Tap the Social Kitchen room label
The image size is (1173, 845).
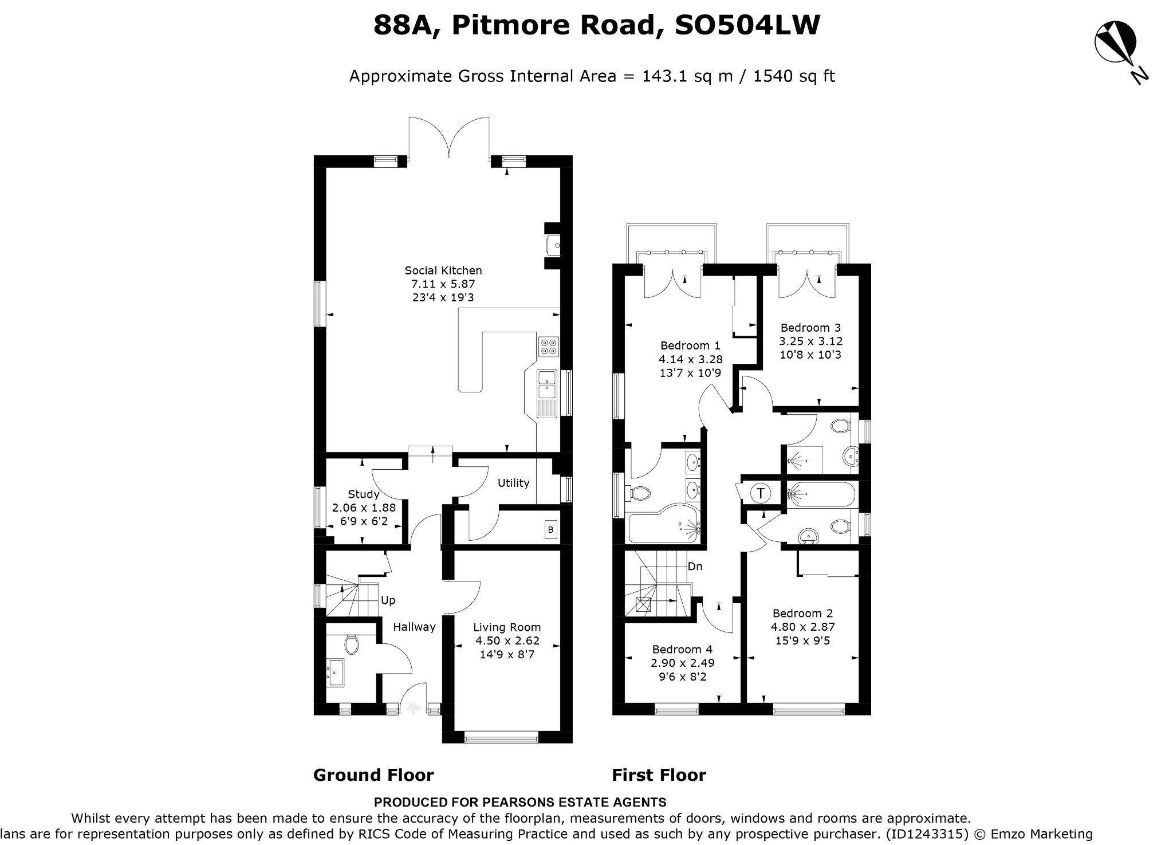point(443,270)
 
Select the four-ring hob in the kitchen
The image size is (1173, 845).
point(549,346)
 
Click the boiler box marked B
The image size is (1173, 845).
point(551,529)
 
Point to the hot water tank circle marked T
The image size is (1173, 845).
point(761,493)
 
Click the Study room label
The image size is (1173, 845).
point(364,494)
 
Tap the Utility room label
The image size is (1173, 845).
point(513,483)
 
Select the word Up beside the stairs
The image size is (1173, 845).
point(388,600)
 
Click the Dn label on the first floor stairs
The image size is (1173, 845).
point(695,567)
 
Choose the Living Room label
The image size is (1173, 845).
point(507,627)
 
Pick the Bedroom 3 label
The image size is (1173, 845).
point(810,328)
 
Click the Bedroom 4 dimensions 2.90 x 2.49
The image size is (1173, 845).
point(683,663)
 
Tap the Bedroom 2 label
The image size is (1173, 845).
point(802,613)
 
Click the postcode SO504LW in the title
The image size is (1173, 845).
point(747,25)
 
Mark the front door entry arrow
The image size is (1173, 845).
point(412,709)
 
